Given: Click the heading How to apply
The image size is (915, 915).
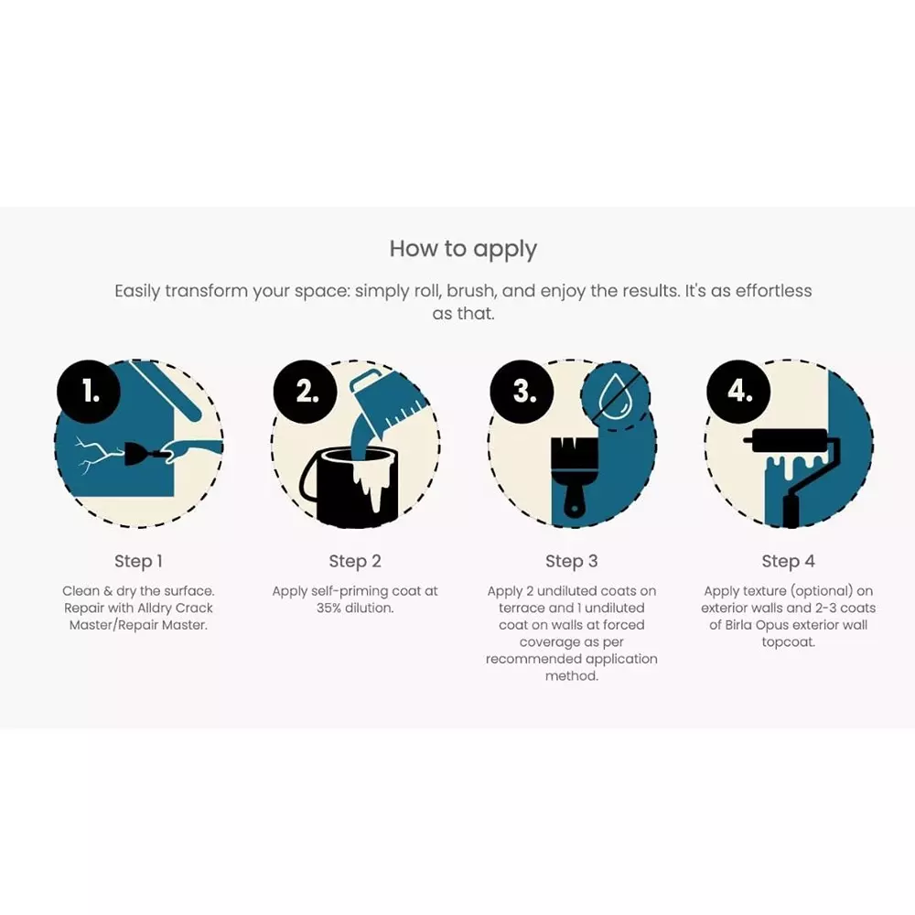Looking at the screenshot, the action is point(463,249).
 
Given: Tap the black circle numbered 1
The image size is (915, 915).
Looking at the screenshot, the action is point(89,392).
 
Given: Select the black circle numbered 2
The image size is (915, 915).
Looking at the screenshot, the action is point(306,392).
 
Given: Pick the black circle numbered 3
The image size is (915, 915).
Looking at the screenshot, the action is point(522,392).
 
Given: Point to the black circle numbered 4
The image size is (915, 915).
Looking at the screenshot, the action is point(738,392).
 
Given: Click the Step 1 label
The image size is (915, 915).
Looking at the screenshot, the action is point(138,562).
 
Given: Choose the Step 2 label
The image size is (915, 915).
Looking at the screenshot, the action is point(355,562).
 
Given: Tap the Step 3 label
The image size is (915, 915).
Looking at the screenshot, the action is point(571,562).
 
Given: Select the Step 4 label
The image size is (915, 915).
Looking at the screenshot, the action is point(788,562).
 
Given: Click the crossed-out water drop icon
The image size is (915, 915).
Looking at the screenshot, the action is point(615,395).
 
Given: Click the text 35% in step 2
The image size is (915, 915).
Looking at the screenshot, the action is point(329,608).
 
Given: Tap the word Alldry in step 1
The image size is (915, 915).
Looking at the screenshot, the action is point(155,608).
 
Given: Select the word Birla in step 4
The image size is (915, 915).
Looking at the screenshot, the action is point(738,625).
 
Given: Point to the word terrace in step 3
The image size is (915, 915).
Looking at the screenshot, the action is point(520,608).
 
